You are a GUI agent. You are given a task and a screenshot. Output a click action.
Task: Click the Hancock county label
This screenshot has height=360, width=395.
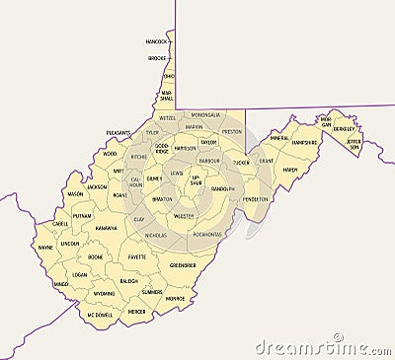pos(156,42)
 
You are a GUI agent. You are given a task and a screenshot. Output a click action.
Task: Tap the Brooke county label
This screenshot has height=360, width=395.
pos(157,58)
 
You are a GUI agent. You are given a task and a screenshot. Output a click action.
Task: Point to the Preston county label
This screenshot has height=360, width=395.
pos(232,131)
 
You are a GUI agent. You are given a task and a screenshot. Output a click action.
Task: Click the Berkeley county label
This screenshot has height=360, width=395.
pos(344,128)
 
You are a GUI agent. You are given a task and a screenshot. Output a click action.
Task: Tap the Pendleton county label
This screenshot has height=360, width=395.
pos(256,198)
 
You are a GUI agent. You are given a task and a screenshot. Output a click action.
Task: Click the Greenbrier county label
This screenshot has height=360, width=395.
pos(182,265)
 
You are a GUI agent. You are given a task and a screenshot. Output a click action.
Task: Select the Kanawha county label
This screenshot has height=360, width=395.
pos(106,228)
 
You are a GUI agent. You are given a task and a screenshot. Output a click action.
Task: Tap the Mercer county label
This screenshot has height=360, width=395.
pos(136,311)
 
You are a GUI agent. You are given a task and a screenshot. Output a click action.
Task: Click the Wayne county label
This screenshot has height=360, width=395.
pos(45,248)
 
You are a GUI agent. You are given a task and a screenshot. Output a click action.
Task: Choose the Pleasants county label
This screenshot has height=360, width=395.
pos(118,132)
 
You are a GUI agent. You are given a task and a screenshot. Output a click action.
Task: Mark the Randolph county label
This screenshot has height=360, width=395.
pos(223,187)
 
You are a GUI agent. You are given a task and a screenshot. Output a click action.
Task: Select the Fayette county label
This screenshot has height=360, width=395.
pos(137,256)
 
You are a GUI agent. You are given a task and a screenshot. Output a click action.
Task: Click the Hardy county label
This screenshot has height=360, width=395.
pos(289,170)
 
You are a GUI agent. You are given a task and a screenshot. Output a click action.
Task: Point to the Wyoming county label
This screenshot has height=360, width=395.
pos(104,293)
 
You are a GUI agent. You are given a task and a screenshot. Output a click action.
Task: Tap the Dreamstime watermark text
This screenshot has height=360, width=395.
pos(320,347)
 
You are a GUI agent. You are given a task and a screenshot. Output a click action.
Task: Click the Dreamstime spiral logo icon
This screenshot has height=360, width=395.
pos(338,337)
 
